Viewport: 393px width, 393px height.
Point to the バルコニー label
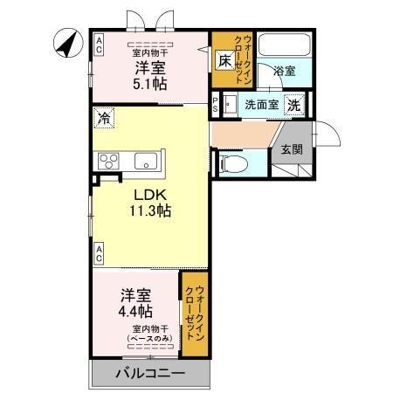(150, 375)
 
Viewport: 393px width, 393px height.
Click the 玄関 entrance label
(290, 149)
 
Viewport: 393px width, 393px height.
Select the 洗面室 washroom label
(261, 105)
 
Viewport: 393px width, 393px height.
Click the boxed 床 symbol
(224, 61)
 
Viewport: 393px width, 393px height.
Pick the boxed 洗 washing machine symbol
(294, 105)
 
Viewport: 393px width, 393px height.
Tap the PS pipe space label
(216, 105)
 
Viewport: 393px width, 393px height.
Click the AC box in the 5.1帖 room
(99, 45)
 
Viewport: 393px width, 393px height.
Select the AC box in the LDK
(99, 254)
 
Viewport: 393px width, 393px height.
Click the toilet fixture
(231, 162)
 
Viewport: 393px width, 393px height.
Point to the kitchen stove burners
(110, 161)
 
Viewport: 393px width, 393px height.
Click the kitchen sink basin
(145, 161)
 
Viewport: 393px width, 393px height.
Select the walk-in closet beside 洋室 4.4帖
(195, 314)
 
